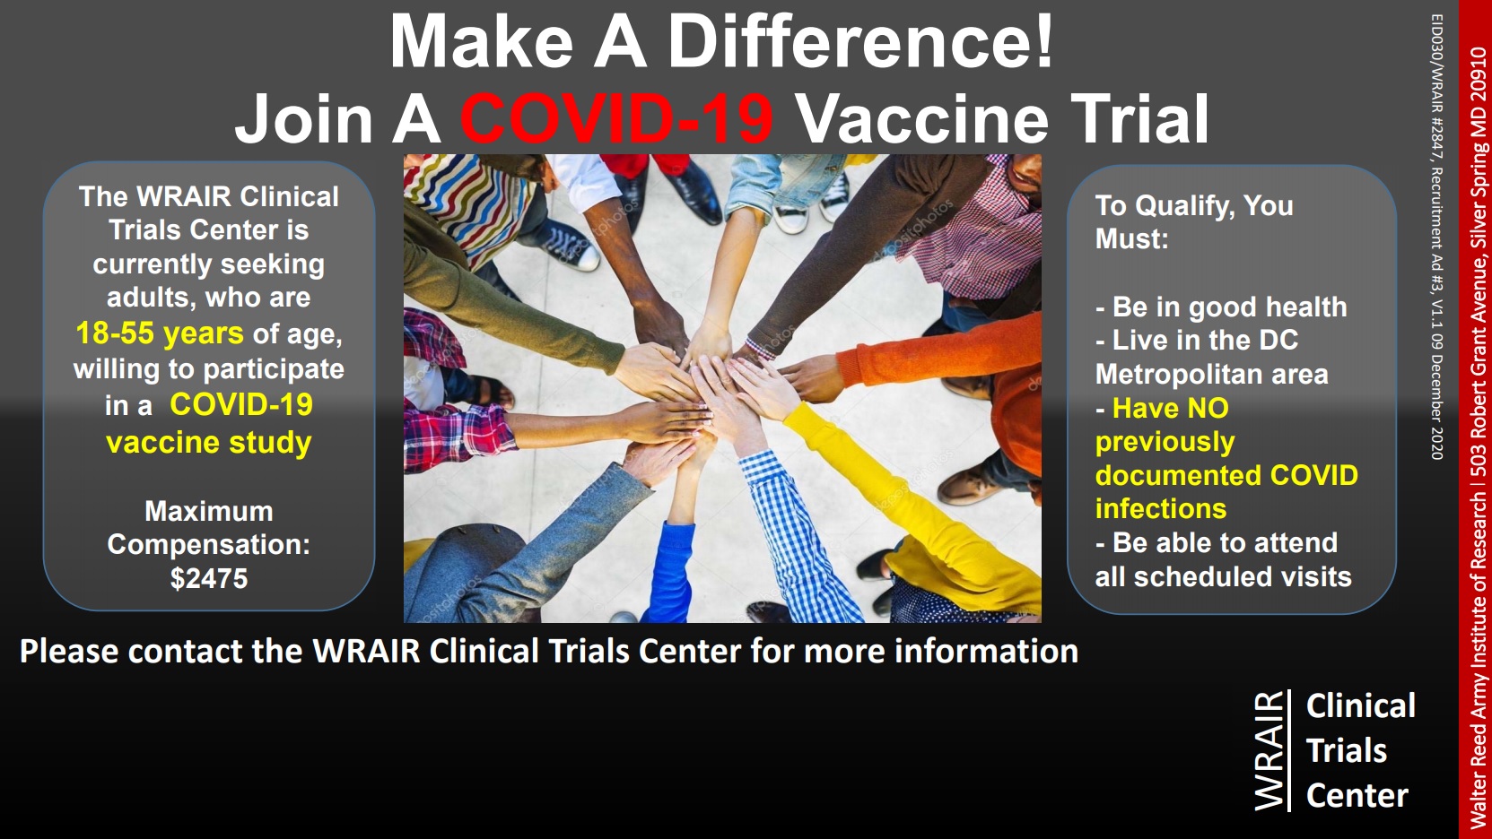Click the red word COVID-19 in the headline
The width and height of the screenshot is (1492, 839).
click(x=616, y=118)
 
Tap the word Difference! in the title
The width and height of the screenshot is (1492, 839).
click(x=859, y=41)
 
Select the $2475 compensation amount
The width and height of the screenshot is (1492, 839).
click(x=208, y=578)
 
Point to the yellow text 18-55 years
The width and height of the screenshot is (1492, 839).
click(x=160, y=333)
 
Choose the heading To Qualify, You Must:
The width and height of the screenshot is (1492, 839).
click(x=1193, y=222)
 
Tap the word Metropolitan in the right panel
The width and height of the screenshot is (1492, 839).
click(x=1179, y=375)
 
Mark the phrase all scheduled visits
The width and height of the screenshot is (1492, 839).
click(x=1223, y=577)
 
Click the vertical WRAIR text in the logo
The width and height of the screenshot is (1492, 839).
click(x=1269, y=750)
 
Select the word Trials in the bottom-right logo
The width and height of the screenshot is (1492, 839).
click(x=1346, y=750)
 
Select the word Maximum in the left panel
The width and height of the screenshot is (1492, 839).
click(x=208, y=512)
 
